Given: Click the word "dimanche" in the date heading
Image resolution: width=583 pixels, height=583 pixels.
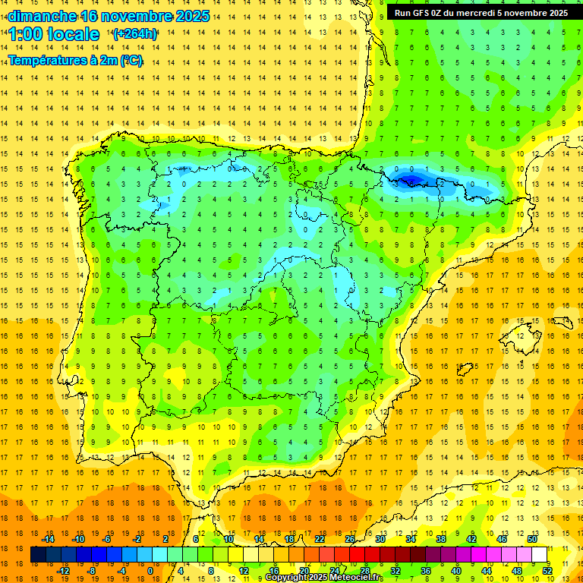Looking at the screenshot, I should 42,16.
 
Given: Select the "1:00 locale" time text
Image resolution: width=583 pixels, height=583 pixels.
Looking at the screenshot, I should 54,34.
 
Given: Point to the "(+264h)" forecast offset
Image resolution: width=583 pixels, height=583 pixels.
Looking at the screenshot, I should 135,34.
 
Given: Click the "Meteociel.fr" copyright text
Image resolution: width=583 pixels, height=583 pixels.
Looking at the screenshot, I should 355,578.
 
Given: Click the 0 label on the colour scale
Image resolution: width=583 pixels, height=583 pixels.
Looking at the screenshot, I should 150,571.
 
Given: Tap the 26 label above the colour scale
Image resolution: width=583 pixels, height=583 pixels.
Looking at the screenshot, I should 350,539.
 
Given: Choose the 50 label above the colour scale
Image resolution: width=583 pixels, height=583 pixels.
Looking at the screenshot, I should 532,539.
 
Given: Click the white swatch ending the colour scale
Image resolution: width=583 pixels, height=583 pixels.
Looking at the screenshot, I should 540,555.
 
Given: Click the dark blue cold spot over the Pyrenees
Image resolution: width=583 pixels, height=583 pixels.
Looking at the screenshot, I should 411,180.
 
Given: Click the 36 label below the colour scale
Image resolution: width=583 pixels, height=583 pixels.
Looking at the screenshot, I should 426,571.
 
